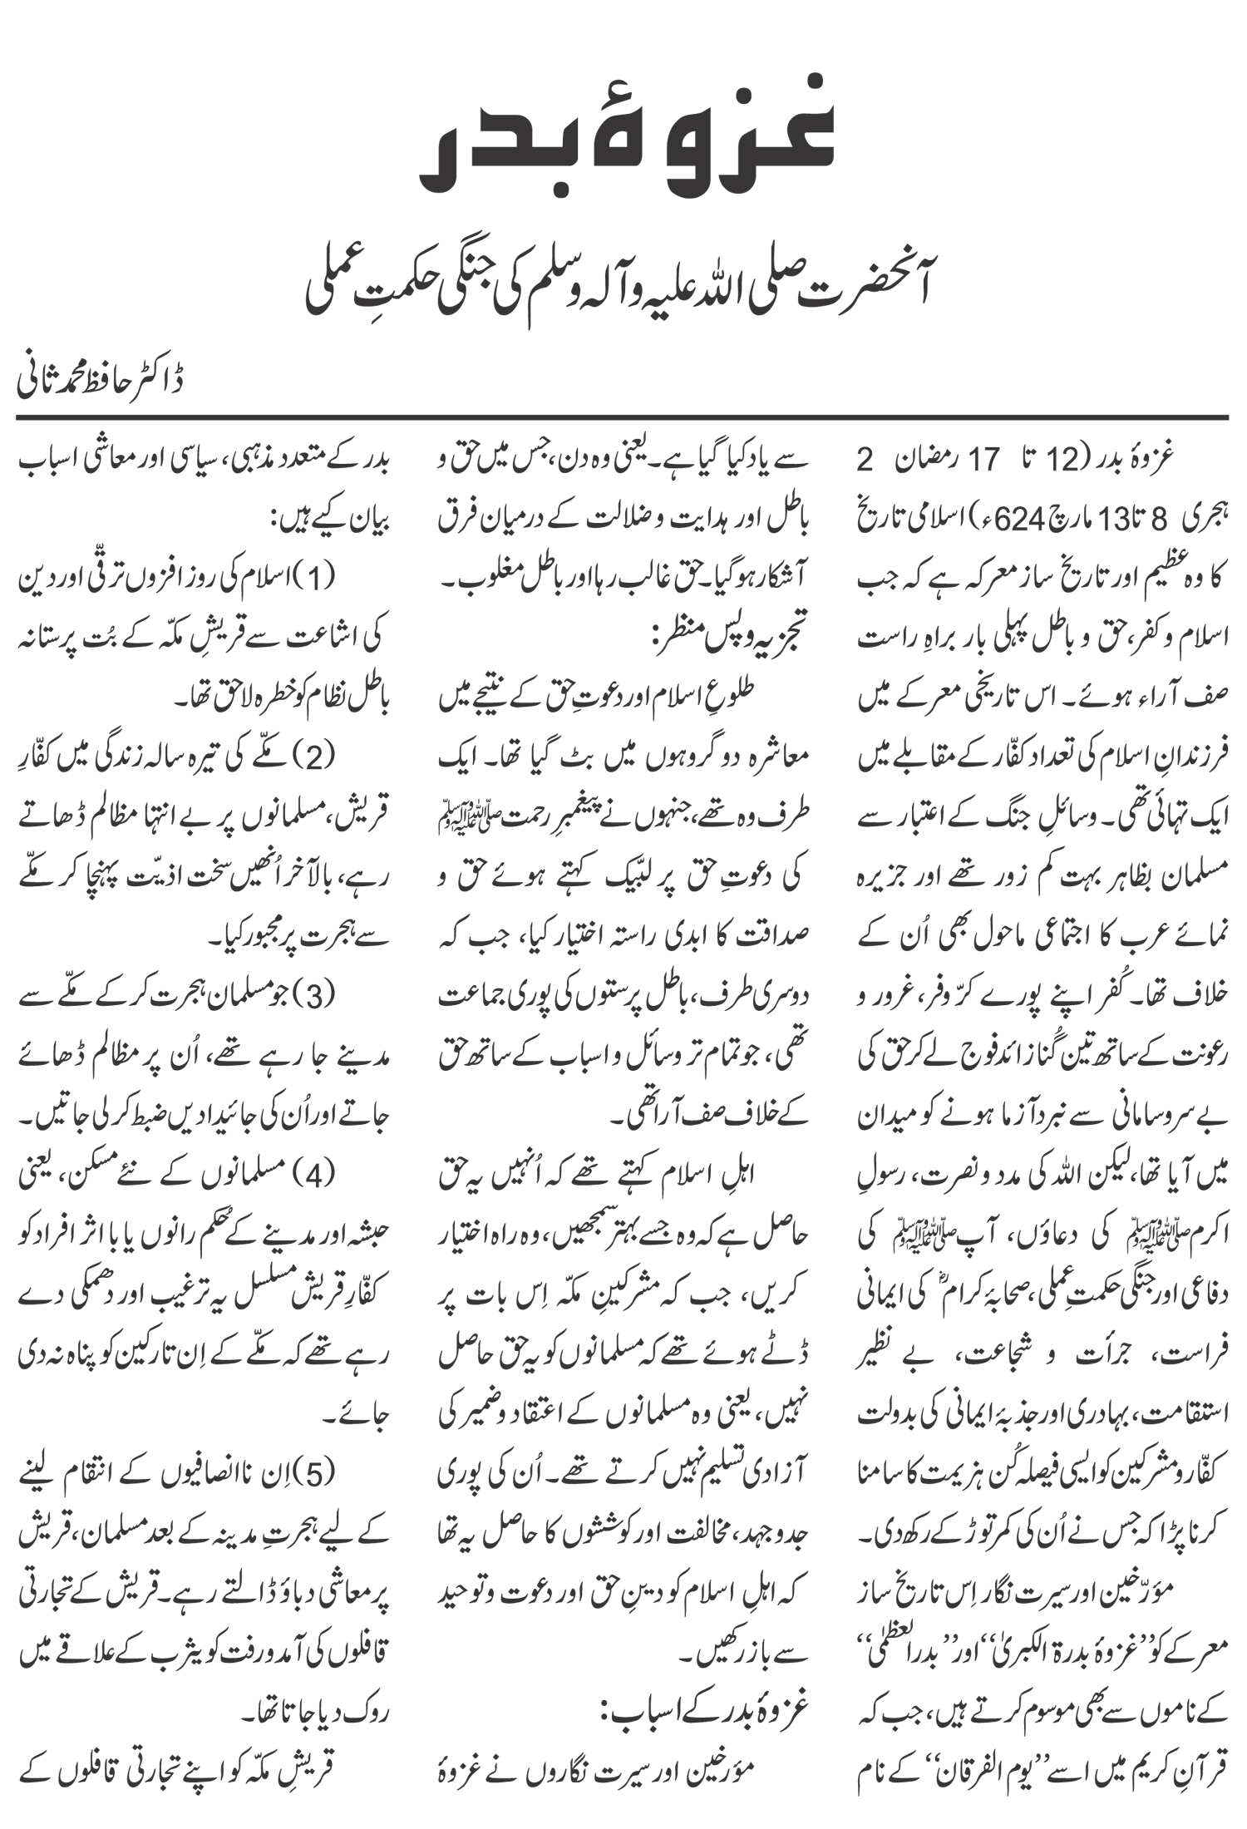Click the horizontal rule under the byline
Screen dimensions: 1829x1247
pyautogui.click(x=623, y=417)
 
